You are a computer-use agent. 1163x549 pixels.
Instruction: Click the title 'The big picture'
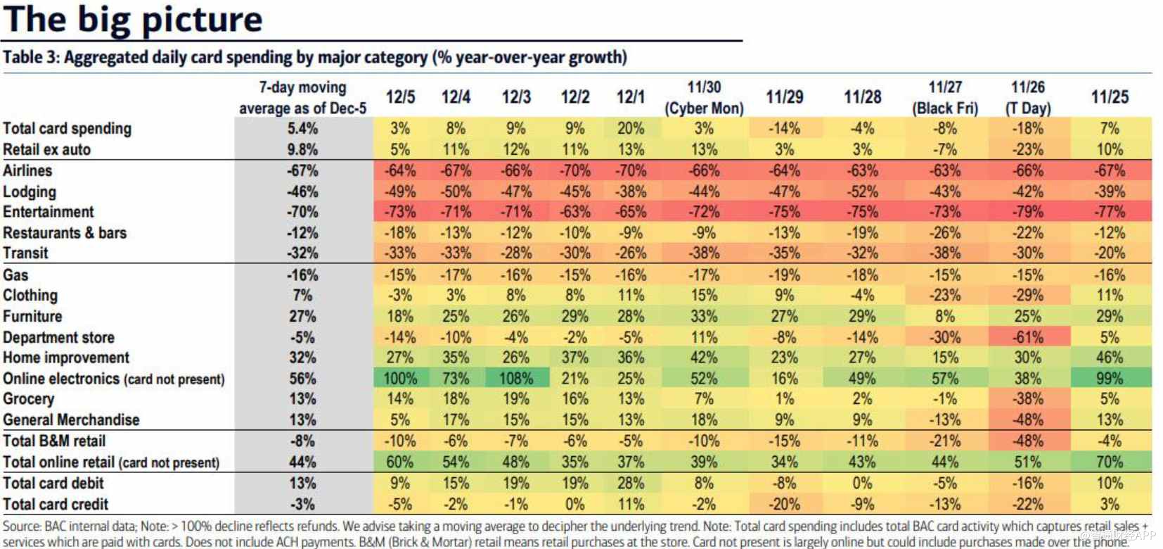133,20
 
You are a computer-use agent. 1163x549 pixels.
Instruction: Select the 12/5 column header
400,97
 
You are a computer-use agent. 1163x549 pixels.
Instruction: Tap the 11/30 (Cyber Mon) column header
704,97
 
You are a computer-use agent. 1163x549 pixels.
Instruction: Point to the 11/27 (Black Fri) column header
945,97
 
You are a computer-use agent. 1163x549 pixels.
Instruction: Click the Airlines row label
27,171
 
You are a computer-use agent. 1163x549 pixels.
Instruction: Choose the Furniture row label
32,317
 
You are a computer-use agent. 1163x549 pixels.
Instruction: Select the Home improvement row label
66,358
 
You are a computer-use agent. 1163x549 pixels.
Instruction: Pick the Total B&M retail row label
54,441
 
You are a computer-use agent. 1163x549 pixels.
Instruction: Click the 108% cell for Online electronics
515,379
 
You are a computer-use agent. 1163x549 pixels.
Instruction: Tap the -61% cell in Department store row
1027,338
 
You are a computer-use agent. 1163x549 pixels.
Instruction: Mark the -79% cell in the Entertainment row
1027,212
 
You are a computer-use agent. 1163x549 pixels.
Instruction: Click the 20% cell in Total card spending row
630,129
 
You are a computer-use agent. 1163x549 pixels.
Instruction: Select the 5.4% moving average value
302,129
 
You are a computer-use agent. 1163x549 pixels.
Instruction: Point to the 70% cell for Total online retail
1110,462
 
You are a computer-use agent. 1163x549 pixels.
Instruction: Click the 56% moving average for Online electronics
302,379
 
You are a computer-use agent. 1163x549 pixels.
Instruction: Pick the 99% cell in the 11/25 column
1110,379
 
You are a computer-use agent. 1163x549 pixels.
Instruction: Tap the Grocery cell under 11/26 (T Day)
1027,399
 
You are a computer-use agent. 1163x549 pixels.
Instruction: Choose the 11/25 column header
1110,97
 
